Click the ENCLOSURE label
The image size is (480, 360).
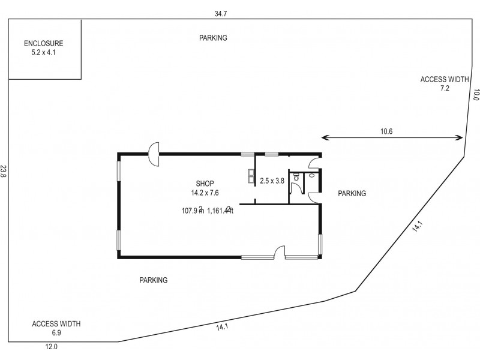[43, 43]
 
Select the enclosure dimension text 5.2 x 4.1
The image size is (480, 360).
[43, 52]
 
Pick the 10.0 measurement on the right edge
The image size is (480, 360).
[476, 95]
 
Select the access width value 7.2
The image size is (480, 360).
[445, 88]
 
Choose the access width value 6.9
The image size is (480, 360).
[56, 332]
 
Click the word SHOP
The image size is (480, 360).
[205, 184]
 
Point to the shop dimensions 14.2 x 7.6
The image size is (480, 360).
[205, 193]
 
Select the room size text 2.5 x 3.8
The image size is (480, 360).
[273, 180]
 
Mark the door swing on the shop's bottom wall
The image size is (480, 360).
[278, 253]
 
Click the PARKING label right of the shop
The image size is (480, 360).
[352, 193]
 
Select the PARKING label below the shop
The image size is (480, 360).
[153, 280]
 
